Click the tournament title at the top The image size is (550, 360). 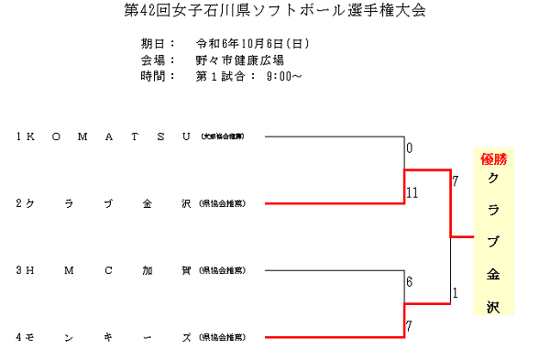point(274,12)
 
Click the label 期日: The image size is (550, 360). point(158,44)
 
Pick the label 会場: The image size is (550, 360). point(158,60)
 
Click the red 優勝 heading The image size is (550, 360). point(493,158)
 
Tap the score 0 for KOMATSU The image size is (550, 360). point(410,147)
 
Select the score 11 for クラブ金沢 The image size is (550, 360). point(412,192)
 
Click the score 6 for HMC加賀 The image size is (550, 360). point(410,282)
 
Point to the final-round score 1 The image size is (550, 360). point(455,293)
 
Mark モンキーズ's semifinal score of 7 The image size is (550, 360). point(410,327)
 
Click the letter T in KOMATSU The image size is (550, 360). point(134,136)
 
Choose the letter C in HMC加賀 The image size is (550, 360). point(108,270)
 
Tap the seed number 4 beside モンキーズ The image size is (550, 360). point(18,337)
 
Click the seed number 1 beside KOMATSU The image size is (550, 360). point(18,136)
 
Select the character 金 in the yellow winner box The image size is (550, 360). point(493,274)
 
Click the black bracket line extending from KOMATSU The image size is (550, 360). point(335,136)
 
